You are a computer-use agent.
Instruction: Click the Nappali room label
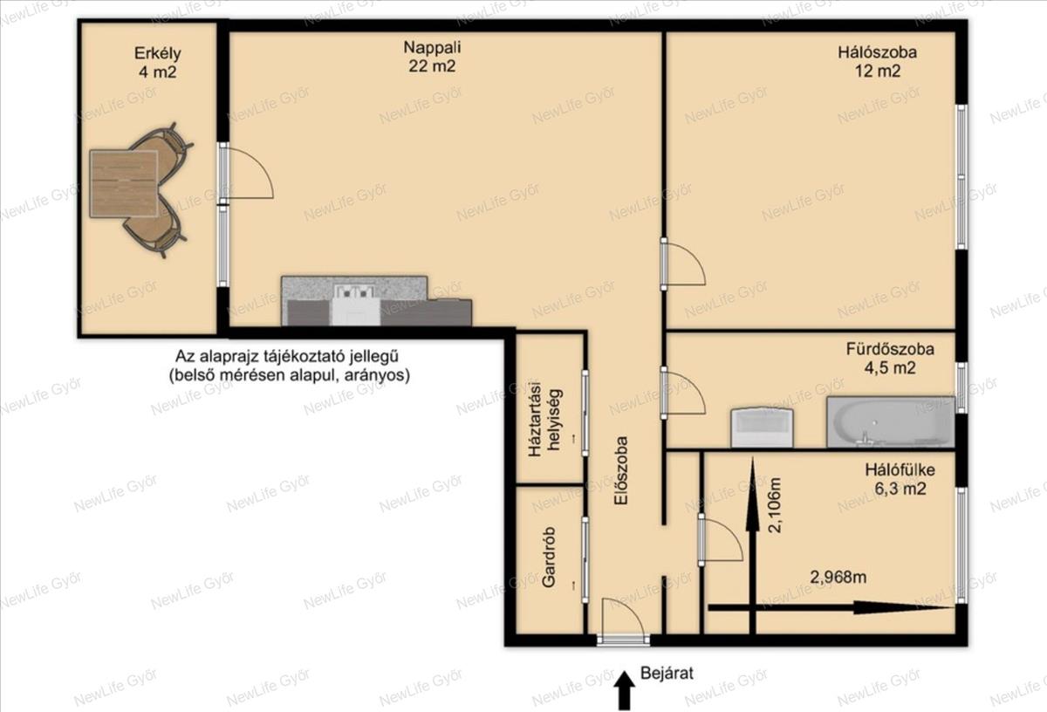point(432,57)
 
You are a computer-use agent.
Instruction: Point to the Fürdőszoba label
point(890,359)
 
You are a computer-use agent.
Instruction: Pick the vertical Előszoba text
point(620,477)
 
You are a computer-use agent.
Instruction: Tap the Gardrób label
point(549,557)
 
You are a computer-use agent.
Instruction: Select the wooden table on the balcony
point(124,183)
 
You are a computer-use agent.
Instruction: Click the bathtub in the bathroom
point(891,421)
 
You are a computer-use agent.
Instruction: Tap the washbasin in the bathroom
point(762,427)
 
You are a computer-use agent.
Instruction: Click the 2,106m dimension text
point(775,505)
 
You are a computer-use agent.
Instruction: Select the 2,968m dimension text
point(838,577)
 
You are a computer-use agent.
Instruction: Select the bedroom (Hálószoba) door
point(683,264)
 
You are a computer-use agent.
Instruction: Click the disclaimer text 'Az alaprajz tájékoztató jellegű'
point(287,356)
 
